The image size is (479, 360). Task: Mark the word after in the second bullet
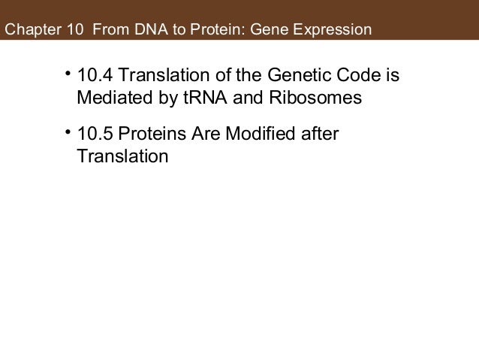click(320, 135)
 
